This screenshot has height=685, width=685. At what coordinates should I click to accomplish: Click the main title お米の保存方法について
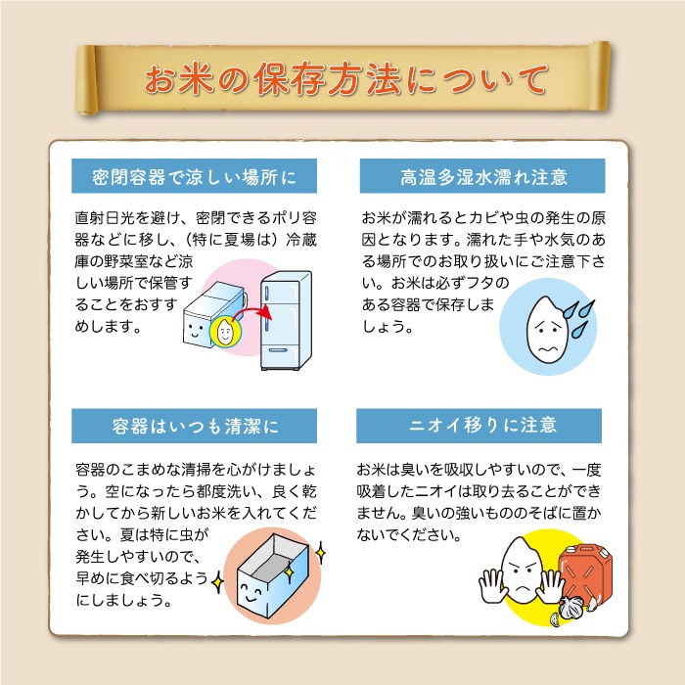pos(345,79)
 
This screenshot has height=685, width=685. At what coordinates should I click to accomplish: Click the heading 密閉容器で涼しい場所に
pos(194,176)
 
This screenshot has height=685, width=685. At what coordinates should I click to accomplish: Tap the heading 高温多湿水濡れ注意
pos(483,177)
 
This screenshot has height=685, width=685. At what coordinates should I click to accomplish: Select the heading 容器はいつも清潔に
pos(195,427)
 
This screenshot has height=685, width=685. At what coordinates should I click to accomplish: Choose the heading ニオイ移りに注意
pos(482,425)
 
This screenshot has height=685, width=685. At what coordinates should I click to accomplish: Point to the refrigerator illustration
pos(286,321)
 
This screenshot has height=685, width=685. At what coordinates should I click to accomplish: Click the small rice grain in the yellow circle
pos(225,331)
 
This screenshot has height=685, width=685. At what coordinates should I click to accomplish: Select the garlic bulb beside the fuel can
pos(571,608)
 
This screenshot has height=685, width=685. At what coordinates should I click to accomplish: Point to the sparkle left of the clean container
pos(217,582)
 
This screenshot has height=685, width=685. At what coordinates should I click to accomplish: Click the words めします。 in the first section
pos(108,326)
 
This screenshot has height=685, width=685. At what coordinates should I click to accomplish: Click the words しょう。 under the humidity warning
pos(388,326)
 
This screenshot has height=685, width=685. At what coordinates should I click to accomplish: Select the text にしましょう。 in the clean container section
pos(123,600)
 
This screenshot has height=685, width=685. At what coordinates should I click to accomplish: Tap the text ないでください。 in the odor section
pos(409,534)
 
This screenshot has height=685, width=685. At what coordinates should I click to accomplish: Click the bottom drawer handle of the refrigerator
pos(278,350)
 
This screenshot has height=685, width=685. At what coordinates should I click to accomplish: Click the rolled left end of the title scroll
pos(86,80)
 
